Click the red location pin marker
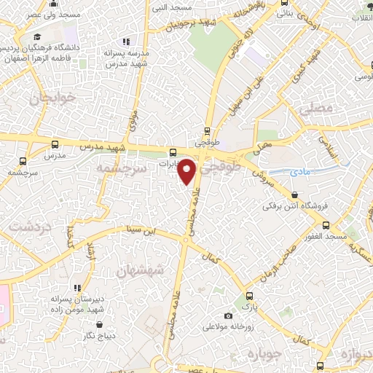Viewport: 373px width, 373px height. click(189, 171)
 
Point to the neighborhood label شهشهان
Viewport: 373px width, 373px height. click(139, 270)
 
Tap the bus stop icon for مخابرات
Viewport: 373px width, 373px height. click(173, 153)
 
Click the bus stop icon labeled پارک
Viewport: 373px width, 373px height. click(250, 297)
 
